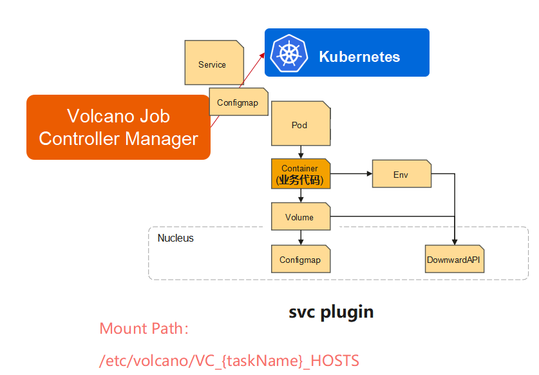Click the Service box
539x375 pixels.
[x=214, y=63]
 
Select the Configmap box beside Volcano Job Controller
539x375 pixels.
[x=238, y=102]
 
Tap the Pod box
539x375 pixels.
[x=301, y=123]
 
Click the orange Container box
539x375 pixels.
[x=301, y=174]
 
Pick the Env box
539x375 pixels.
[x=401, y=174]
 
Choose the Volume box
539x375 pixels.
[x=301, y=216]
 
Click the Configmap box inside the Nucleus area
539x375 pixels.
[x=301, y=259]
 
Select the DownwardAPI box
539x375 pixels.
[x=455, y=259]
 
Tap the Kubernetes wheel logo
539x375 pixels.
[x=288, y=53]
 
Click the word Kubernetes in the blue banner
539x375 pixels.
[x=359, y=57]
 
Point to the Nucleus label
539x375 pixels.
[x=176, y=238]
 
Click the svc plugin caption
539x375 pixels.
[x=331, y=312]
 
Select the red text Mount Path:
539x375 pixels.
[x=144, y=329]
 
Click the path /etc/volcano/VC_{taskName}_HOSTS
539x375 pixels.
[x=229, y=361]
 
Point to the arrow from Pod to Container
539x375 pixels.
[x=301, y=152]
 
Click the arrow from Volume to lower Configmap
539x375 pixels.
[x=301, y=237]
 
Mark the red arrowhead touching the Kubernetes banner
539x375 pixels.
[x=263, y=55]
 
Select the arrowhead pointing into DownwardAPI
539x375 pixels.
[x=455, y=242]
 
